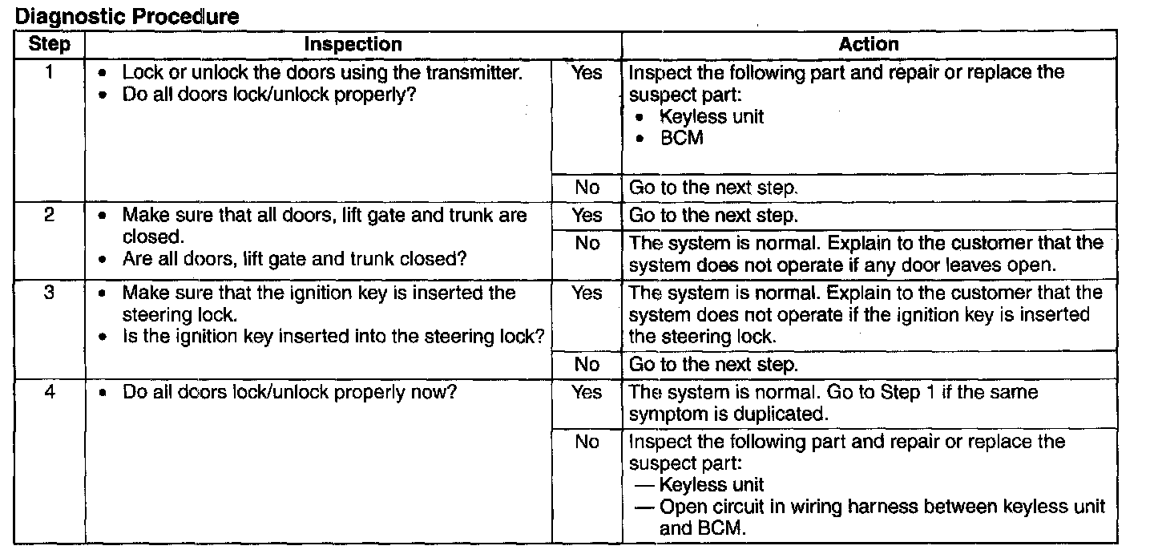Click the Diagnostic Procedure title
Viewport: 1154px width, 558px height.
[x=127, y=15]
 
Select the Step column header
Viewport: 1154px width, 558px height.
[x=49, y=44]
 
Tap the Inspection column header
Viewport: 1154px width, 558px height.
[x=353, y=44]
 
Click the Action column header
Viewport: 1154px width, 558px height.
[x=869, y=44]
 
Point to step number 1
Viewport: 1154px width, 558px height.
[x=49, y=73]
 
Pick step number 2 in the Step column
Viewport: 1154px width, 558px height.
[x=49, y=216]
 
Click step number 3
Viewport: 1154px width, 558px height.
[x=49, y=293]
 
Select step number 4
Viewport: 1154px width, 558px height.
[x=49, y=393]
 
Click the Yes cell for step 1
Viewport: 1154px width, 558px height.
[x=587, y=73]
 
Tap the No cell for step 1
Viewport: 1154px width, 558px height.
[x=587, y=188]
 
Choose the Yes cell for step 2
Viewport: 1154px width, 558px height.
[x=587, y=216]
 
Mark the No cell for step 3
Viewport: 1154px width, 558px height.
[x=587, y=365]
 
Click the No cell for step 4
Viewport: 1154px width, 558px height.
[x=587, y=442]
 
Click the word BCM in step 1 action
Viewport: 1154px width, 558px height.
[x=681, y=138]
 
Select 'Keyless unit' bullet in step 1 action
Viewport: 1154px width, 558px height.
[x=711, y=117]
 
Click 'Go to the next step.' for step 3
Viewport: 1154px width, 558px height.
[x=714, y=365]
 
